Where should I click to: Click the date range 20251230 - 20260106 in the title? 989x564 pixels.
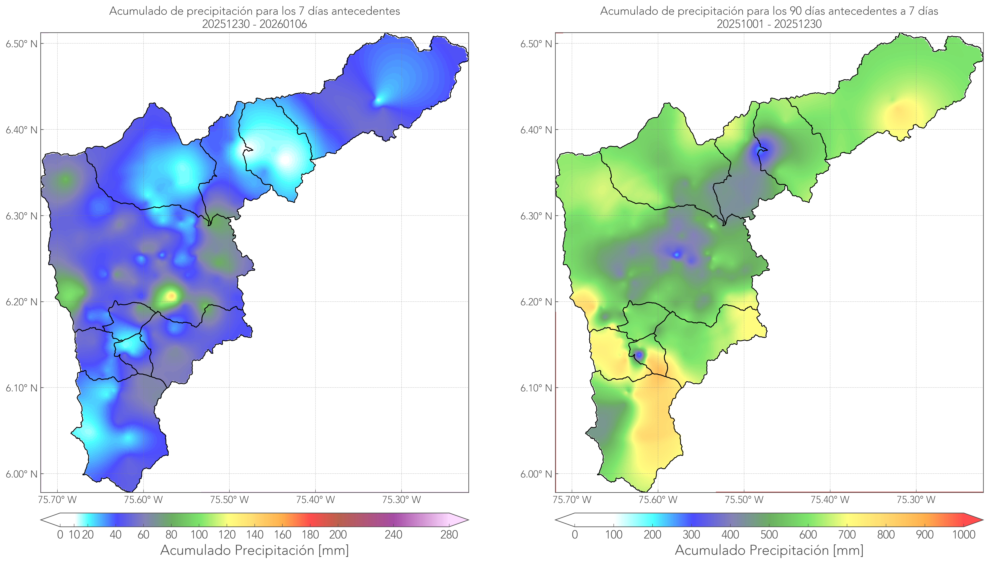255,24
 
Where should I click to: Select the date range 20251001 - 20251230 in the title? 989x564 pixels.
769,24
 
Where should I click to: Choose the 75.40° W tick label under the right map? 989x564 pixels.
830,500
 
